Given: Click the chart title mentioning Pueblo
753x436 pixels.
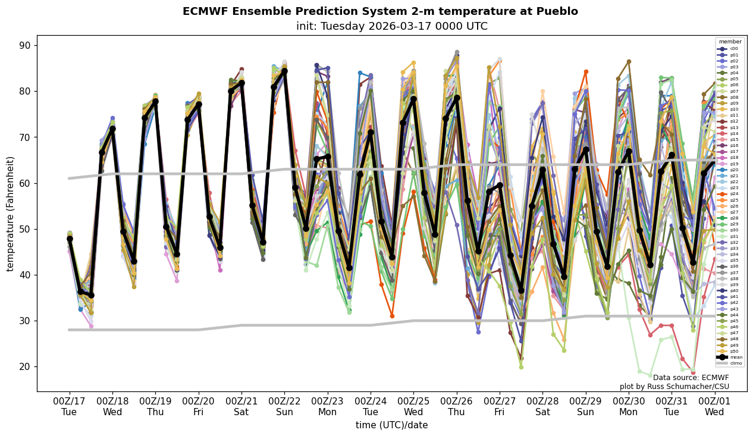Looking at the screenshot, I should pos(380,11).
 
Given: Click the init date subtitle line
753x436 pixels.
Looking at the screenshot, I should pos(391,26).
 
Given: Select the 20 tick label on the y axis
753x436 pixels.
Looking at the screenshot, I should pos(26,367).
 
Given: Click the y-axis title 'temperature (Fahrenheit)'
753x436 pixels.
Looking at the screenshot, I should pos(11,214).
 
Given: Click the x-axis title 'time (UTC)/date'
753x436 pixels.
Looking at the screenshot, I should pos(391,425).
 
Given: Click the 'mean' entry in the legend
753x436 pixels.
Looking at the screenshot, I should pos(730,357).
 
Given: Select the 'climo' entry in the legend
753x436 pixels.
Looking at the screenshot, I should pos(730,362).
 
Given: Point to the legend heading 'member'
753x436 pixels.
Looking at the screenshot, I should pos(730,42).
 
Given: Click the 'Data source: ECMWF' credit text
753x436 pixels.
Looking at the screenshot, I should pos(691,378).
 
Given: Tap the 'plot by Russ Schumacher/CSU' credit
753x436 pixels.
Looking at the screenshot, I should pos(674,387).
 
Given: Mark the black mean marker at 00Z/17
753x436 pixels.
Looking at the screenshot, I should pos(70,239).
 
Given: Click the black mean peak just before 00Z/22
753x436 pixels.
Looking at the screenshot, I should pos(284,71).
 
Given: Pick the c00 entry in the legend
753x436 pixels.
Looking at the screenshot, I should pos(730,49).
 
